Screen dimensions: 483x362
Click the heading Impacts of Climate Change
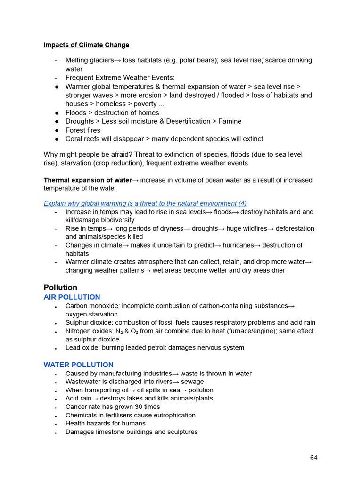[86, 45]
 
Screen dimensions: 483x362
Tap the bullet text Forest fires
[83, 130]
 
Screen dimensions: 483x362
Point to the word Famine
[230, 121]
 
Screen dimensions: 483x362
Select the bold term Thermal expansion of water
[88, 180]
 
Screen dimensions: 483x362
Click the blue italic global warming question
[145, 203]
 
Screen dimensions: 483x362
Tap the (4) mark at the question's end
[242, 203]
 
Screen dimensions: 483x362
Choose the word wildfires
[247, 229]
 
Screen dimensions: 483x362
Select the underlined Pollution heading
[60, 288]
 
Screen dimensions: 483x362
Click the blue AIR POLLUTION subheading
[72, 297]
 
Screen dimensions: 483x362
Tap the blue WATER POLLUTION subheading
[78, 365]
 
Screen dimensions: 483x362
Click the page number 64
[313, 458]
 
